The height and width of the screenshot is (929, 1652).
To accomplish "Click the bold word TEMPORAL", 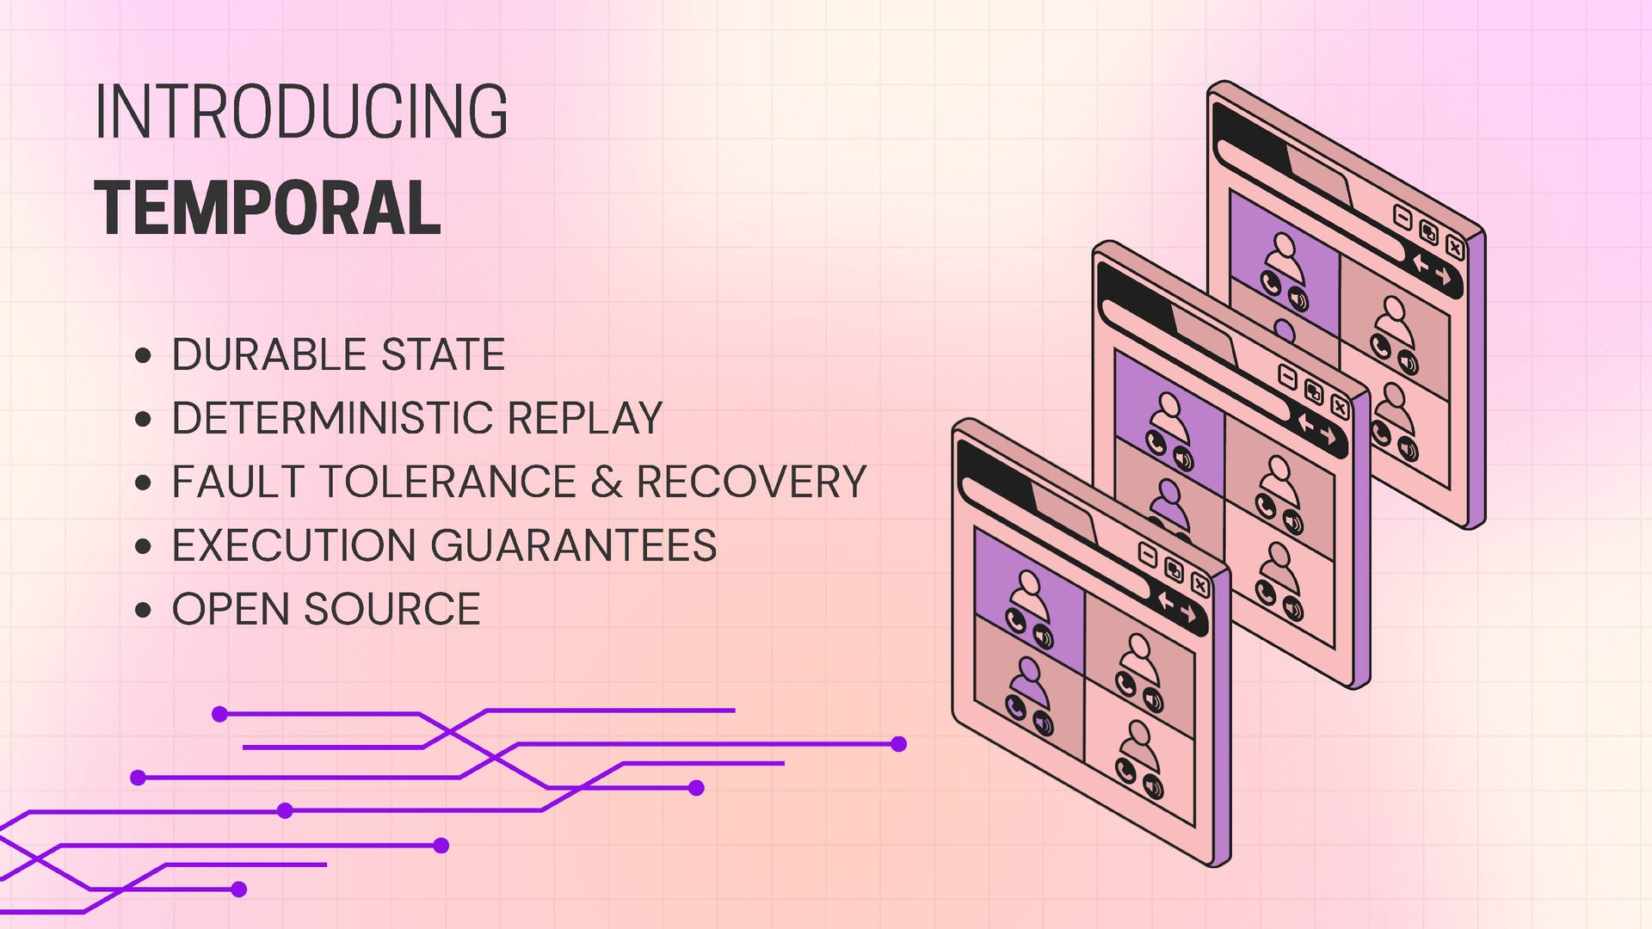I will point(268,208).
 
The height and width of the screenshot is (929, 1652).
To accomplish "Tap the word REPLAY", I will point(585,418).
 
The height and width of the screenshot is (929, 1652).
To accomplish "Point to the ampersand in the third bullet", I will point(606,482).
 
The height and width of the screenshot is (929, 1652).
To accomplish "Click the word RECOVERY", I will point(751,482).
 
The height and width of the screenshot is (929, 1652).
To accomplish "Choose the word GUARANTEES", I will point(573,545).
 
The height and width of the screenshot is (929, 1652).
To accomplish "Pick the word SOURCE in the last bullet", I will point(392,609).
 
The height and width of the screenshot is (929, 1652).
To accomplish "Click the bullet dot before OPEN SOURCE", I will point(144,610).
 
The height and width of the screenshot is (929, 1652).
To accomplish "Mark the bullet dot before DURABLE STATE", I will point(144,355).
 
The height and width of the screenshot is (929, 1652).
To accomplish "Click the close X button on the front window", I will point(1200,586).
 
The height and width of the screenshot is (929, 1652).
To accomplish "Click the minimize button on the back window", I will point(1402,218).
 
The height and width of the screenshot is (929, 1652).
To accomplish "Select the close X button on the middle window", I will point(1340,406).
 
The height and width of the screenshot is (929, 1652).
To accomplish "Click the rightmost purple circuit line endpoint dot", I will point(898,744).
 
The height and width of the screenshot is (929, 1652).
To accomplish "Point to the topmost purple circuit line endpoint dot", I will point(219,714).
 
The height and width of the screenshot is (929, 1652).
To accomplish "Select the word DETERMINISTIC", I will point(331,418).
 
